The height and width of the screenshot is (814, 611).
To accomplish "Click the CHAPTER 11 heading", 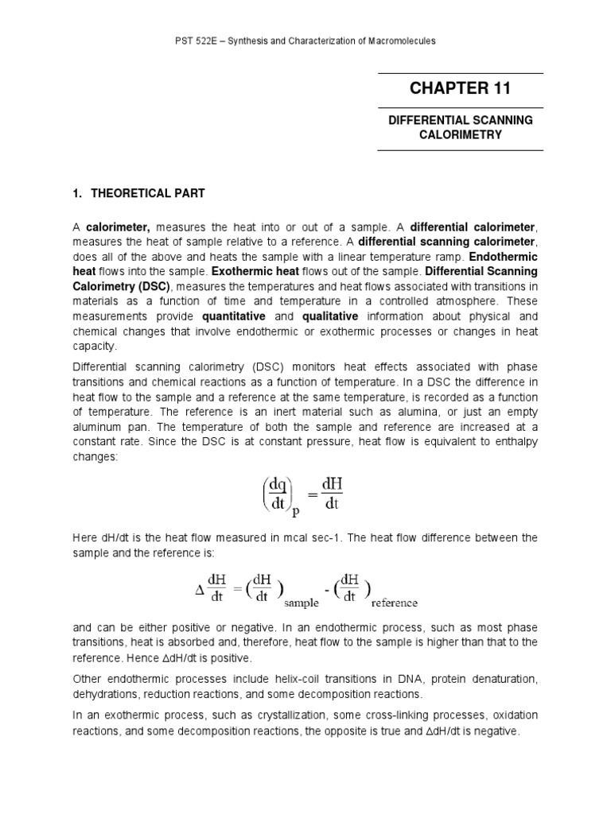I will (460, 88).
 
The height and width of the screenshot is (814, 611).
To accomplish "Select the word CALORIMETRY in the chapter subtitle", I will (460, 134).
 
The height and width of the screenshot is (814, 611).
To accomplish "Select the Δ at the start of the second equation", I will (199, 591).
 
